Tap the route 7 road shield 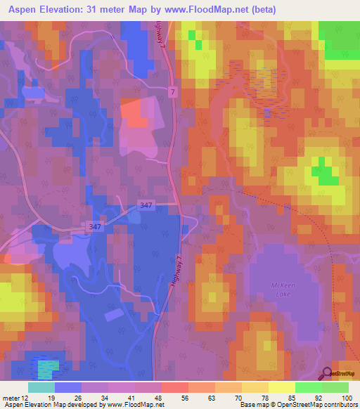(174, 92)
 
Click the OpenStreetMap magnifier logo (328, 375)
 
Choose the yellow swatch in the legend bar (281, 387)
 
